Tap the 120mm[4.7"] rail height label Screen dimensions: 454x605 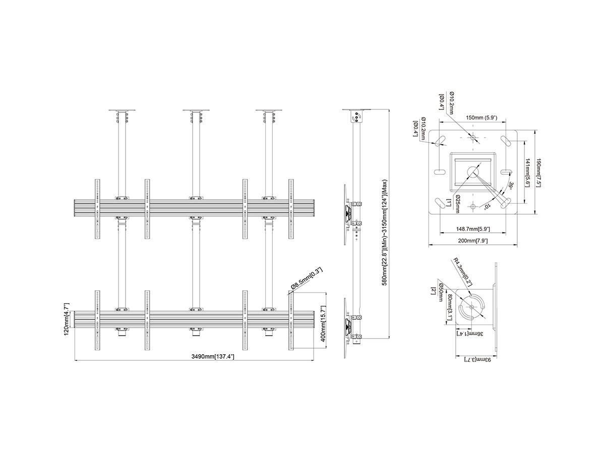coord(67,320)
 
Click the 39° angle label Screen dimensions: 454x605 coord(511,186)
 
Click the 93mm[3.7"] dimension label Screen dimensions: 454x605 coord(477,359)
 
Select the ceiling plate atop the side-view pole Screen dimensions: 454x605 coord(357,110)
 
